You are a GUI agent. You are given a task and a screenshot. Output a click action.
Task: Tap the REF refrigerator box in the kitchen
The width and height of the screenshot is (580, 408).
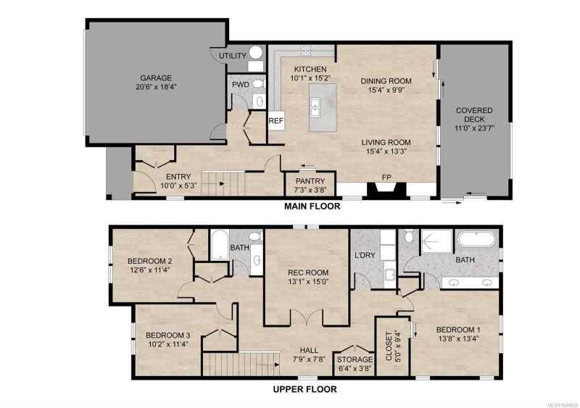[x=276, y=120]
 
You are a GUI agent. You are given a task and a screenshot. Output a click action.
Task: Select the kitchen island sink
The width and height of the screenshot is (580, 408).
[x=315, y=107]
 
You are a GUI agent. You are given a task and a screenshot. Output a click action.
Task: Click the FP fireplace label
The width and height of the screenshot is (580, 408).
[x=386, y=177]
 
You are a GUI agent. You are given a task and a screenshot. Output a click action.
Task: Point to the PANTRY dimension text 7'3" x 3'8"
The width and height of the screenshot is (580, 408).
[x=310, y=190]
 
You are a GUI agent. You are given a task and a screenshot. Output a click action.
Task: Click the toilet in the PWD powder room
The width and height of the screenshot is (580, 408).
[x=259, y=84]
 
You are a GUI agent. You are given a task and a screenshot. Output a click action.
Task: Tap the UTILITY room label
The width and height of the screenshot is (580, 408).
[x=233, y=56]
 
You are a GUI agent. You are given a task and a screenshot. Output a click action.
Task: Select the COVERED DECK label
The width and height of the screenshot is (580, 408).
[x=474, y=115]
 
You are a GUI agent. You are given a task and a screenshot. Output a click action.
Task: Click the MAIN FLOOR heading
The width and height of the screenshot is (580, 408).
[x=312, y=206]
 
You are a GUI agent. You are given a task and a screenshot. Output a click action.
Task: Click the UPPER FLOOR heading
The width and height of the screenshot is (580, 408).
[x=304, y=389]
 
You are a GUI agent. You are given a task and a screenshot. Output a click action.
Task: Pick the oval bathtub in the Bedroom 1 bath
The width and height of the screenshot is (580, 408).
[x=476, y=239]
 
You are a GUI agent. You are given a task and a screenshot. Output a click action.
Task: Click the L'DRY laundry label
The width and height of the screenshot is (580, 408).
[x=365, y=255]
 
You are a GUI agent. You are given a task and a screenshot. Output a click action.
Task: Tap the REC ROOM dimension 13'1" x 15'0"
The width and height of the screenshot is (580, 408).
[x=308, y=282]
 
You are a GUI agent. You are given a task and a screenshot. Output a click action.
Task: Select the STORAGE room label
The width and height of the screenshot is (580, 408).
[x=355, y=359]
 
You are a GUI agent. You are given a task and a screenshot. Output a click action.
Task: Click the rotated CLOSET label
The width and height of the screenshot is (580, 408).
[x=389, y=346]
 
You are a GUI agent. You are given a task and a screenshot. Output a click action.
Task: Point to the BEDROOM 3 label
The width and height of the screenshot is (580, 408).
[x=168, y=336]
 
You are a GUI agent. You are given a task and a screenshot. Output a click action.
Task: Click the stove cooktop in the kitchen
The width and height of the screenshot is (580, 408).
[x=305, y=51]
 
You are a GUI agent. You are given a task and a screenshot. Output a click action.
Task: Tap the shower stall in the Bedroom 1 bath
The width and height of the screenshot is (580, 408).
[x=437, y=241]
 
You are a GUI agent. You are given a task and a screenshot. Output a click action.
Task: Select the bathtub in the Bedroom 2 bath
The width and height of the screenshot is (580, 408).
[x=220, y=245]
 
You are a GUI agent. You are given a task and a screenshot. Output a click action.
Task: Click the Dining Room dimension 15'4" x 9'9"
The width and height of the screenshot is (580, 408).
[x=386, y=90]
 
